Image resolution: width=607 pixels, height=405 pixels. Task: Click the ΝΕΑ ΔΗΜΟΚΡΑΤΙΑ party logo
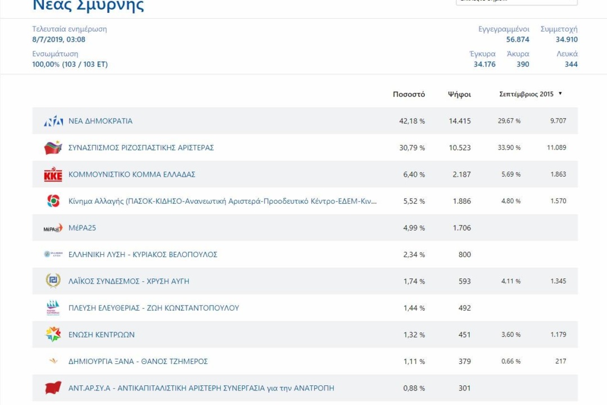tap(53, 121)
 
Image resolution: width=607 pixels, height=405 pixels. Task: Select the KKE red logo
tap(53, 174)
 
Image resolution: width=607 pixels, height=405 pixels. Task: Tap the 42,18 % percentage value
tap(414, 121)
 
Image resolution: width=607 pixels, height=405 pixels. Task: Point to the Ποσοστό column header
tap(409, 94)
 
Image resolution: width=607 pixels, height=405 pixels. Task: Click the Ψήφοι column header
tap(459, 94)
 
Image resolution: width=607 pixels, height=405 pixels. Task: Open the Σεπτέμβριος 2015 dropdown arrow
tap(560, 94)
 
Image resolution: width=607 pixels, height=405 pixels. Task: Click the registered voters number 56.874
tap(518, 39)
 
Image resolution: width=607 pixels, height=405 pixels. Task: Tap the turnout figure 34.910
tap(567, 39)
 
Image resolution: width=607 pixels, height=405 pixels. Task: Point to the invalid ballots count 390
tap(523, 64)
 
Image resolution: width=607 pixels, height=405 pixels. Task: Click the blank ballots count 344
tap(571, 64)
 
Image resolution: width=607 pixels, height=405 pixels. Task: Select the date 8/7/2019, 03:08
tap(59, 39)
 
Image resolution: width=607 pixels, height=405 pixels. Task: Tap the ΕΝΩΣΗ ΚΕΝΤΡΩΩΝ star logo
tap(53, 335)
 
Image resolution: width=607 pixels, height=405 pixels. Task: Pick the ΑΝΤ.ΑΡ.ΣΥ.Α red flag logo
tap(53, 388)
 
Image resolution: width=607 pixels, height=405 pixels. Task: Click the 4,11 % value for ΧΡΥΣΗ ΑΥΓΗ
tap(511, 281)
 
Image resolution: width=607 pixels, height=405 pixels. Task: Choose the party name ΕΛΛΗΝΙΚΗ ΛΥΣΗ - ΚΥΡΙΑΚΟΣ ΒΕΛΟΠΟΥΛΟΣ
tap(143, 255)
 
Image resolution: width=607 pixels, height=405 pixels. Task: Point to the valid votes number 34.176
tap(484, 64)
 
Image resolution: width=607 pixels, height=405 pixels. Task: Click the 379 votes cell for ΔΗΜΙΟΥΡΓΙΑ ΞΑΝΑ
tap(464, 362)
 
